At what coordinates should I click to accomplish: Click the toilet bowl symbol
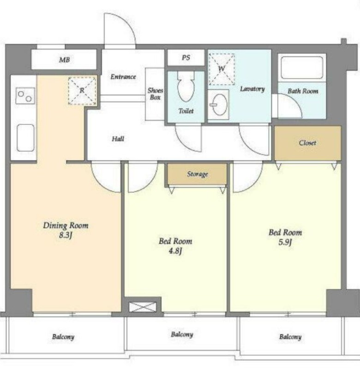point(186,87)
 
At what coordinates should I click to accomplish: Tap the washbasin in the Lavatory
point(219,105)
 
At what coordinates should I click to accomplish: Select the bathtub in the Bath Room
point(301,67)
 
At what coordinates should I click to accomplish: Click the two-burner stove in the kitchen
point(25,96)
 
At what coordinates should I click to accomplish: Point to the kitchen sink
point(26,138)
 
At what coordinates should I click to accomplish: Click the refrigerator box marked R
point(82,90)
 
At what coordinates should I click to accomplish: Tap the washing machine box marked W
point(222,69)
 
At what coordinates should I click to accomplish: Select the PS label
point(186,58)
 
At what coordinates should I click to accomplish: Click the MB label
point(64,60)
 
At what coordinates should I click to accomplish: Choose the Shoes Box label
point(155,94)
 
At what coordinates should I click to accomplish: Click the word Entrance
point(123,77)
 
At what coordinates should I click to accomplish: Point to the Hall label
point(118,139)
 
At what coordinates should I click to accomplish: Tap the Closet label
point(307,143)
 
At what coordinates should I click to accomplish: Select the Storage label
point(197,174)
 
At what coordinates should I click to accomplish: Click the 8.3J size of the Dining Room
point(66,235)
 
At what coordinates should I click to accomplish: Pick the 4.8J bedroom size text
point(175,251)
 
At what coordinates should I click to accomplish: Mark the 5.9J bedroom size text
point(285,242)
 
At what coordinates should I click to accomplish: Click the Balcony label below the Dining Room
point(63,337)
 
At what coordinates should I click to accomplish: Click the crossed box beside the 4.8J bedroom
point(143,307)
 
